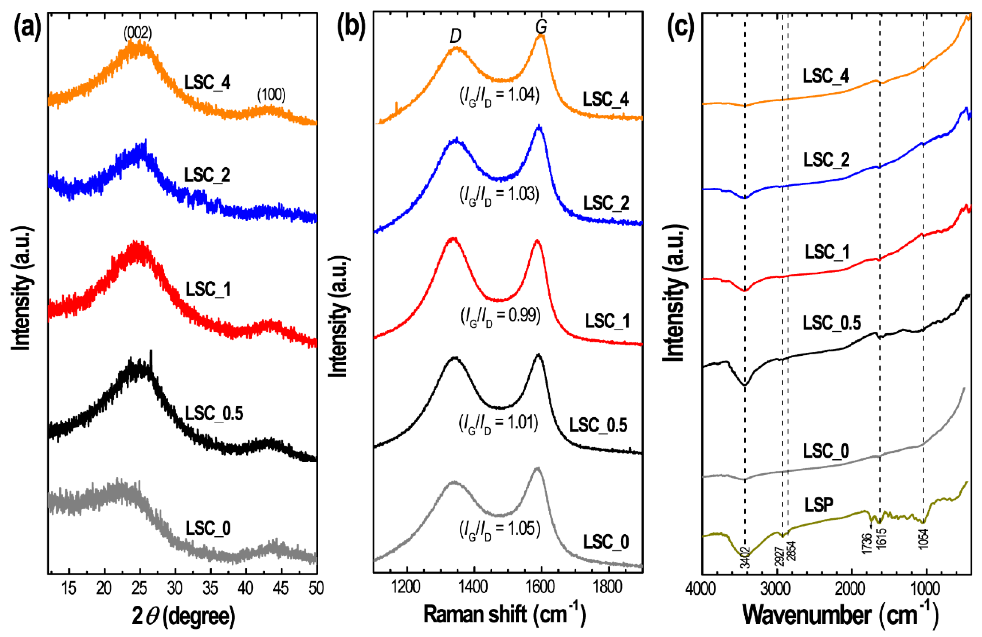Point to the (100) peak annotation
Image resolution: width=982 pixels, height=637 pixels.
pos(271,95)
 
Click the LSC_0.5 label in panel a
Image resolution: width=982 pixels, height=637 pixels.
pos(214,413)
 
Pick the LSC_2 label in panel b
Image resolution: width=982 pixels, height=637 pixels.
pos(606,203)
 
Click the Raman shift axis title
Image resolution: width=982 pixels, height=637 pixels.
pos(504,614)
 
